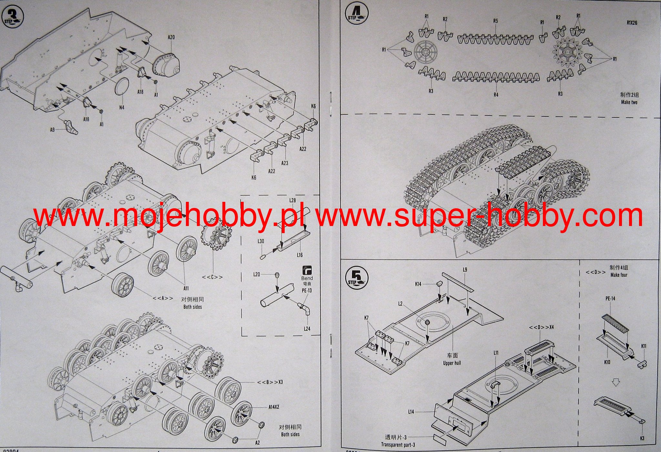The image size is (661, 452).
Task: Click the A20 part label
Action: point(171,37)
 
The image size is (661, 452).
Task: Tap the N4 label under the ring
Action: point(121,107)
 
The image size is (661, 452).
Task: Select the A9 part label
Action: point(52,130)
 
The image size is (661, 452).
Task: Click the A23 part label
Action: point(284,163)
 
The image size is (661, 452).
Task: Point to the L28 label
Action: point(292,201)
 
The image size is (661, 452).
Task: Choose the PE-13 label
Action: point(307,290)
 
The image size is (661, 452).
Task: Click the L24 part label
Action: point(307,329)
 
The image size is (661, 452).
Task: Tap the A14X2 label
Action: point(274,407)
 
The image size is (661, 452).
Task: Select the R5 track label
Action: point(495,21)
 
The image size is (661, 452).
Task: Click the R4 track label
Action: point(496,95)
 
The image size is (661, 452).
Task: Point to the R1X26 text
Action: point(632,23)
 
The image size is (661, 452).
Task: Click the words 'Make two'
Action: point(629,102)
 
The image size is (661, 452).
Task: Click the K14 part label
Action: point(418,284)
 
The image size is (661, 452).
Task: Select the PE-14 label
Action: point(610,299)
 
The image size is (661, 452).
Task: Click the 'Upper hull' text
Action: point(452,363)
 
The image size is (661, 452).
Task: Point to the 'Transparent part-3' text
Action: point(398,445)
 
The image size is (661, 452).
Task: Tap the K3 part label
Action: point(642,438)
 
